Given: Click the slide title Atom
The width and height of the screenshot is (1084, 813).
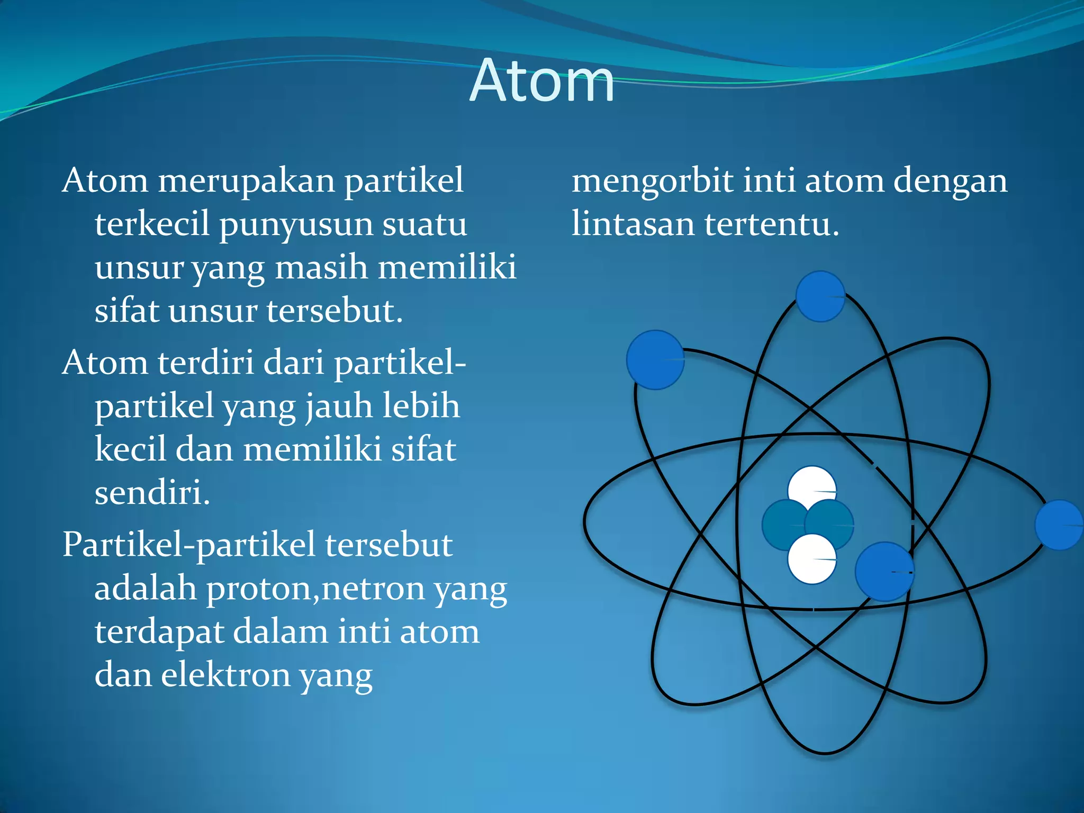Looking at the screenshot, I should pos(541,82).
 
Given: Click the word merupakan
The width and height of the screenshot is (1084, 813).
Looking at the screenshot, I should pos(247,181).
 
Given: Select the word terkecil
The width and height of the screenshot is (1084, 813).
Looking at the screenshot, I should pos(152,224).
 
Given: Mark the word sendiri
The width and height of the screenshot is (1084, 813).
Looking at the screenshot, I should pos(152,493).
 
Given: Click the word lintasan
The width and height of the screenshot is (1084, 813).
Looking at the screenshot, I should pos(633,224).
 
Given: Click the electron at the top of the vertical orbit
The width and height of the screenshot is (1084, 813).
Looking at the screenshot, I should pos(820,296).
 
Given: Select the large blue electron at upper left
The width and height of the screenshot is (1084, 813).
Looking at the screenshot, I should pos(655,360).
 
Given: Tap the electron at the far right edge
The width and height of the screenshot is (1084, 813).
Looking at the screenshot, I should pos(1059,525).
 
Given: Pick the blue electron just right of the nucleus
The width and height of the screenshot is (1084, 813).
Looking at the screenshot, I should pos(884,572).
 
